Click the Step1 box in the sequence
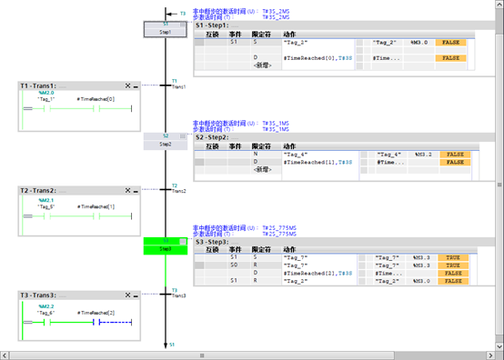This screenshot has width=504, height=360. click(165, 29)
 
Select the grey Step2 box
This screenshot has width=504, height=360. click(165, 141)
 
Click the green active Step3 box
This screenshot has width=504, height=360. click(165, 245)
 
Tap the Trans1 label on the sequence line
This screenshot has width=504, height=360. click(178, 86)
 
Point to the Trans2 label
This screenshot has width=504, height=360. click(178, 191)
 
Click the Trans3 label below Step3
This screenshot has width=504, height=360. click(178, 295)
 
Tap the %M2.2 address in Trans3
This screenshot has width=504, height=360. click(46, 306)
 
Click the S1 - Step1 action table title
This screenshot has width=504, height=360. click(217, 25)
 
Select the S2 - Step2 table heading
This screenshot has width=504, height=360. click(218, 137)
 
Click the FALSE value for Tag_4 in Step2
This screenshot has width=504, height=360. click(452, 155)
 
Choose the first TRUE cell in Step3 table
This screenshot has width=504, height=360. click(452, 258)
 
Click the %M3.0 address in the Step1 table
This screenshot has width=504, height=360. click(418, 42)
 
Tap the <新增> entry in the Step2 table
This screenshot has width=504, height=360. click(263, 169)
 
